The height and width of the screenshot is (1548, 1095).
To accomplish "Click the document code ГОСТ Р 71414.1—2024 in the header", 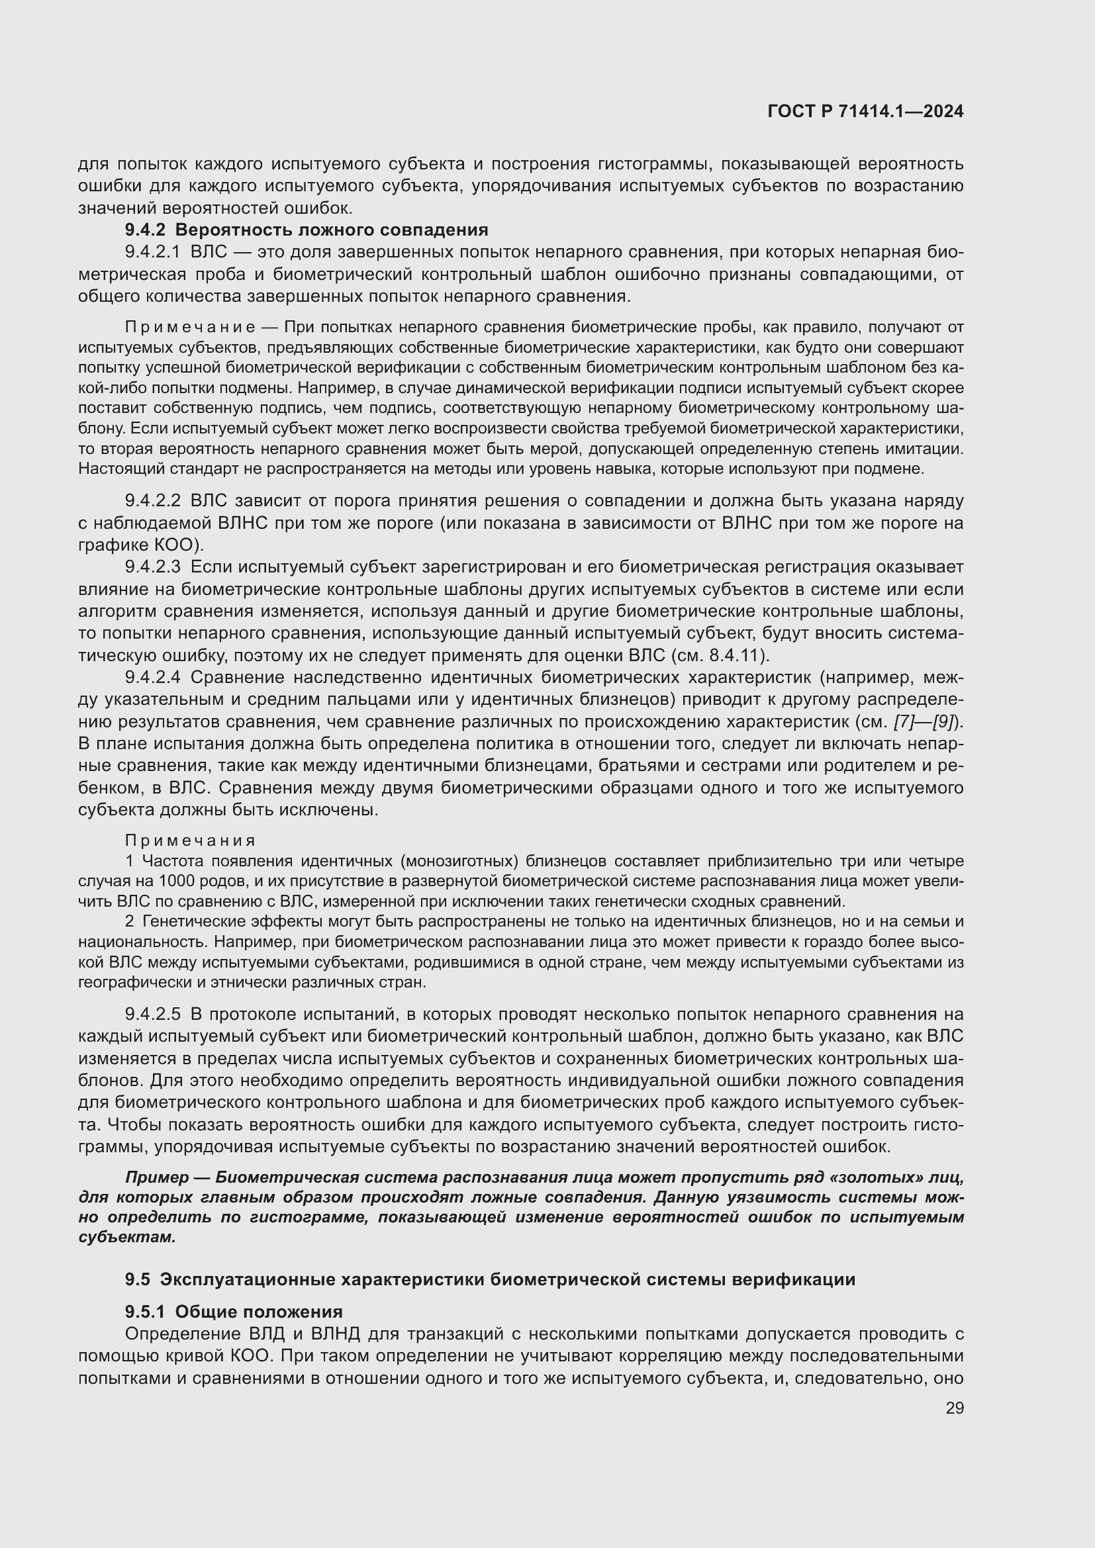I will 865,112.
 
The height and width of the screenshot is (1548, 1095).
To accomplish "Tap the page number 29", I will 954,1408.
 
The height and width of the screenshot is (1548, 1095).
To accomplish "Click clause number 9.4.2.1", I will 153,252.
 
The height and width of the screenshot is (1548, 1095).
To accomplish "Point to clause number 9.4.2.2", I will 153,501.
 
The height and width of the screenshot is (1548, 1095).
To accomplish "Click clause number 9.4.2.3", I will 153,567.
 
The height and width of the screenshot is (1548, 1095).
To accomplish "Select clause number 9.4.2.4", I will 153,677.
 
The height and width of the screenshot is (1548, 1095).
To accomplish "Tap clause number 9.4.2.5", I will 153,1014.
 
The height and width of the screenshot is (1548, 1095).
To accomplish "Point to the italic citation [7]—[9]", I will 924,721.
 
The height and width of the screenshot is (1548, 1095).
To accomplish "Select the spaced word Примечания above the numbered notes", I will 191,841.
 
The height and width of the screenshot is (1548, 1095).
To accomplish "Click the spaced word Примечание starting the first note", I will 190,328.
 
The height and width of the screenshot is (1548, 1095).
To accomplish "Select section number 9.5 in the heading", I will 138,1280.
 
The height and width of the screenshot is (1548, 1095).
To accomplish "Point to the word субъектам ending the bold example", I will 126,1237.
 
